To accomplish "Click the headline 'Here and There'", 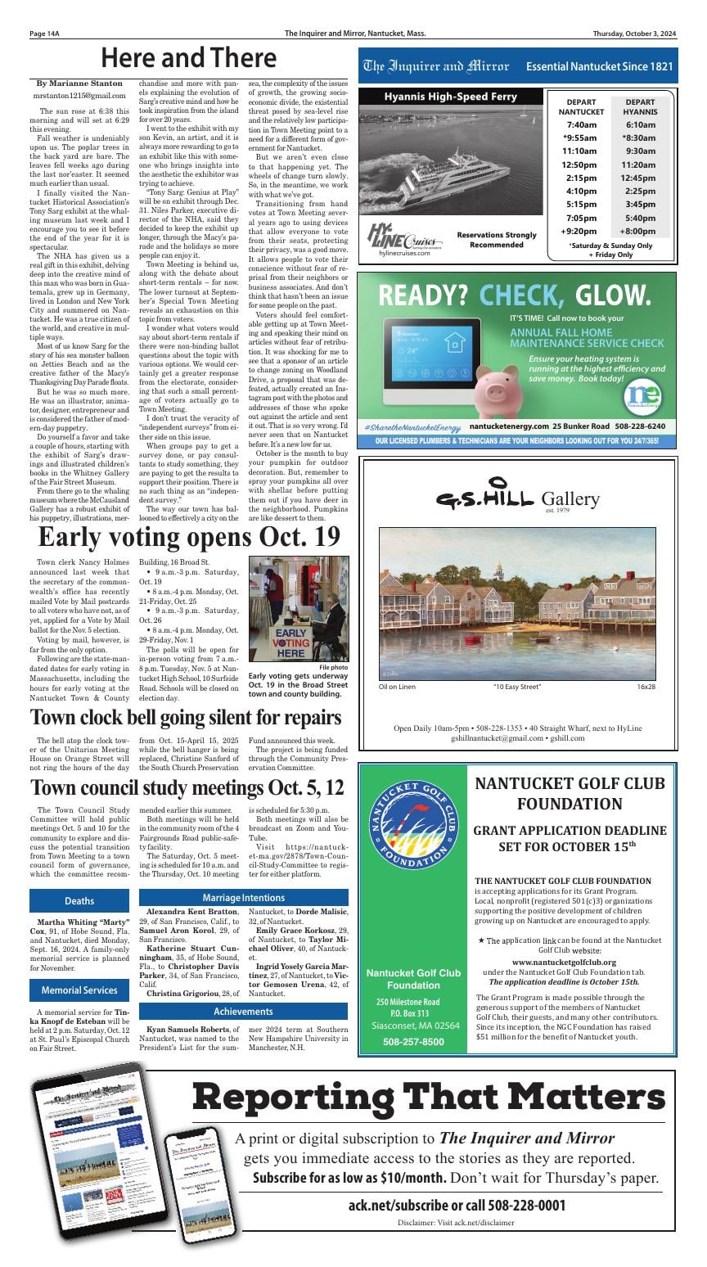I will pyautogui.click(x=188, y=58).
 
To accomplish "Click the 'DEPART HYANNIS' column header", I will pyautogui.click(x=639, y=106).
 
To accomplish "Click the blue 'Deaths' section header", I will pyautogui.click(x=79, y=900).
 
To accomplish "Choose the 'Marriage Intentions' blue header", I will pyautogui.click(x=243, y=898).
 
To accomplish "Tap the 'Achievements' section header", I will pyautogui.click(x=243, y=1012).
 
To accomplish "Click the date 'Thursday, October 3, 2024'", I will pyautogui.click(x=635, y=34).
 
